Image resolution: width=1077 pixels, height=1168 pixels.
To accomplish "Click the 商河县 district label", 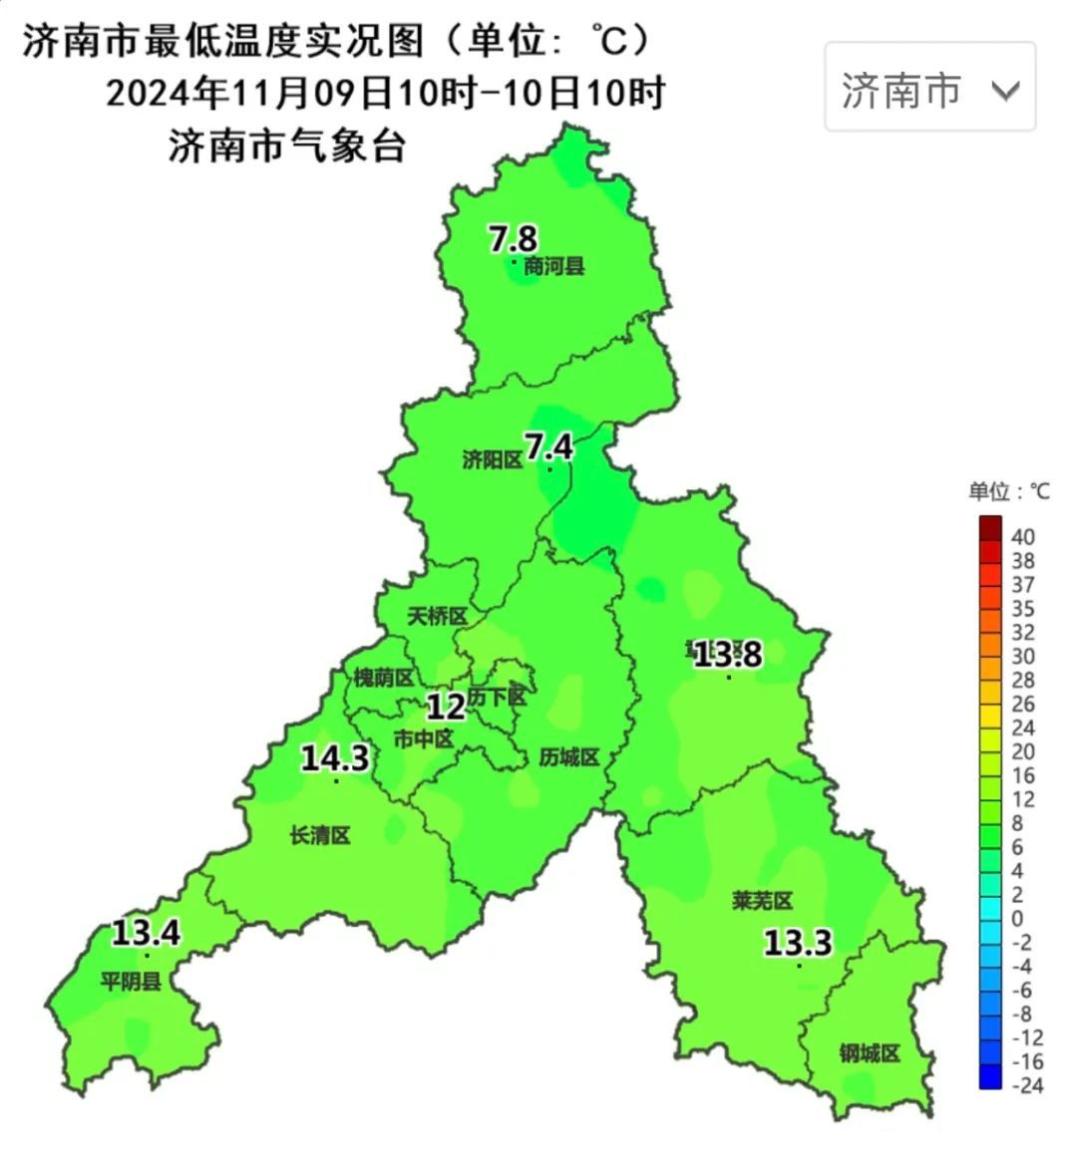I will coord(553,266).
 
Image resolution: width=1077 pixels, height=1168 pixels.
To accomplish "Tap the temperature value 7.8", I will coord(513,239).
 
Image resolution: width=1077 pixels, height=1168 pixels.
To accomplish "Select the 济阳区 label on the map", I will coord(493,459).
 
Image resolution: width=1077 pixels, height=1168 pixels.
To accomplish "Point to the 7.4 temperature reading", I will coord(549,446).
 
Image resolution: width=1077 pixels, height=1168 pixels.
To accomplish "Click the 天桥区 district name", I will coord(438,617).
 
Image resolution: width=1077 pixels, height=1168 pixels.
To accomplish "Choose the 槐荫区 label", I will coord(384,678).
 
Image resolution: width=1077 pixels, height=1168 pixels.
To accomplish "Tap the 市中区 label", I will coord(424,738).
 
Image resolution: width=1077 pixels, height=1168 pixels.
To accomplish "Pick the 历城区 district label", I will coord(569,757).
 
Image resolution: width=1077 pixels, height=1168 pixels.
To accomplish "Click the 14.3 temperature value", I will coord(335,758).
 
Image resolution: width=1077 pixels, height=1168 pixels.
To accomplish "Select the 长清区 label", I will coord(320,835).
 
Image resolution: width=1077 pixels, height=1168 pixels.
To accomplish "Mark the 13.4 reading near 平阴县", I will coord(146,934).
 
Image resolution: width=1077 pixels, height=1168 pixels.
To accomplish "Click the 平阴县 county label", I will coord(131,982).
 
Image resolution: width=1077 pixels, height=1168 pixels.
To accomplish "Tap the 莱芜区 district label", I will coord(762,901).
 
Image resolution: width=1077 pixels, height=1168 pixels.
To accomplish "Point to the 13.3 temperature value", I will coord(798,942).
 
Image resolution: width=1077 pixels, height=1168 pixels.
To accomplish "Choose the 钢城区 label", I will coord(870,1053).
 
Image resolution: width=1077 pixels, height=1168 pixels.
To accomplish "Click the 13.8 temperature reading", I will coord(728,654).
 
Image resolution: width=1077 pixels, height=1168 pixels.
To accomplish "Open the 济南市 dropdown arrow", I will coord(1005,91).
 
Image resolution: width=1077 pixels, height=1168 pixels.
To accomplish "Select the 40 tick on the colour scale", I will coord(1023,537).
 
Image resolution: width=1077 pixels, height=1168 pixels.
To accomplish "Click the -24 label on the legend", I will coord(1027,1085).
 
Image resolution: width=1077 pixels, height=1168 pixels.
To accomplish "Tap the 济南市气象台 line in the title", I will coord(287,146).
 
